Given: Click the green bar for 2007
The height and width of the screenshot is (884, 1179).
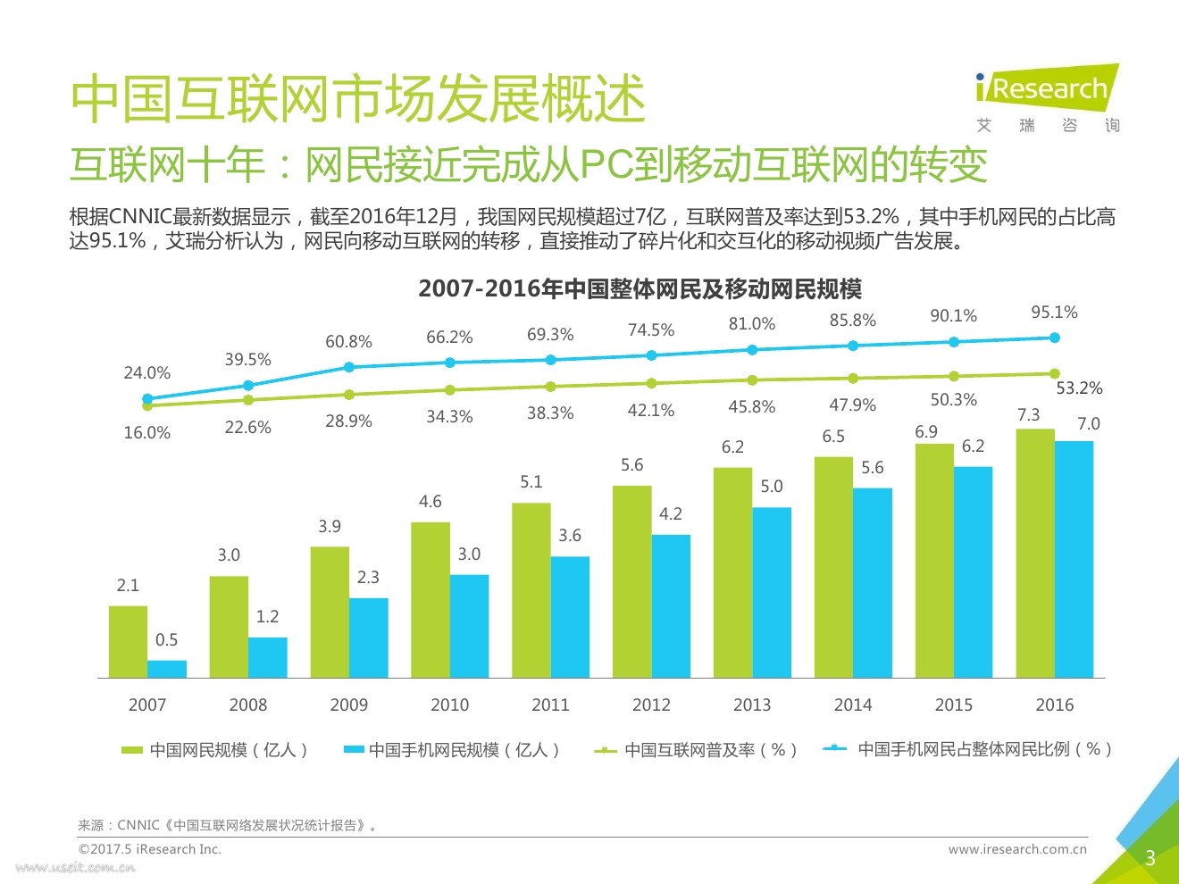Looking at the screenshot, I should click(128, 642).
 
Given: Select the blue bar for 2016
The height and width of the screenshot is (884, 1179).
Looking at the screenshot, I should click(1074, 559).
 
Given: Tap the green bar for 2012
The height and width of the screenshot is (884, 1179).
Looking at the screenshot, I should click(631, 581).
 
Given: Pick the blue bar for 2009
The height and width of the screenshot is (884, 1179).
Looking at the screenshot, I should click(368, 638).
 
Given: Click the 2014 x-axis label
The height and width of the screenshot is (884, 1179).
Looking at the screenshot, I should click(853, 705).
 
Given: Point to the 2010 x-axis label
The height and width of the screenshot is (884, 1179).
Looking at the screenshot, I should click(449, 705).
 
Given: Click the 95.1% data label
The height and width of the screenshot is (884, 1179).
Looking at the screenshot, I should click(1054, 313).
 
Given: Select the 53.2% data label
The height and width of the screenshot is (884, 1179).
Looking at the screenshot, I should click(1079, 388).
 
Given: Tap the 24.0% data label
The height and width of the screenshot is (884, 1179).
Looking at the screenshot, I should click(146, 372).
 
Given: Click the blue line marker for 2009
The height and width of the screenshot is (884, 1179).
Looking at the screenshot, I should click(349, 367).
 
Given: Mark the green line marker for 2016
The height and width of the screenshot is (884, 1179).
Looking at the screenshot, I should click(1055, 373).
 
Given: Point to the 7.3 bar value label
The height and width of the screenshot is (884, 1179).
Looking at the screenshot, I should click(1028, 414).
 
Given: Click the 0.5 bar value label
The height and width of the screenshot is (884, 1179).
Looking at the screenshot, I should click(166, 639).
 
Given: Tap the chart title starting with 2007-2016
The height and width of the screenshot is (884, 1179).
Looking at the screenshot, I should click(640, 288).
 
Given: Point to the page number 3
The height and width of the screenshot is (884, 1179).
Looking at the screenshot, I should click(1150, 858).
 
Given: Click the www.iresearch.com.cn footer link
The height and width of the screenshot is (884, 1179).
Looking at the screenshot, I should click(1017, 849).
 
